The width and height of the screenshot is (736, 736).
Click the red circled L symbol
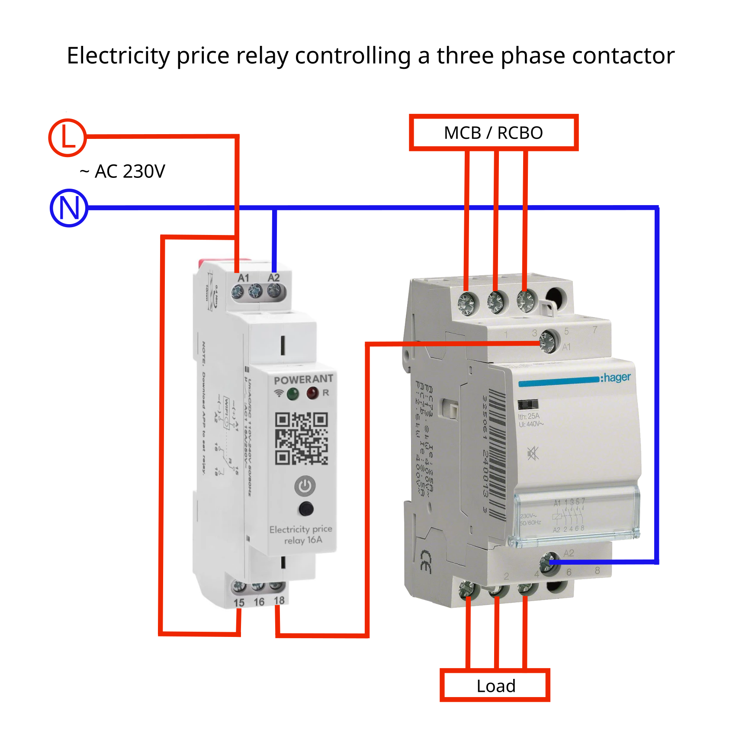coord(67,137)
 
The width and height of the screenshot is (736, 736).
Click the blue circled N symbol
coord(69,208)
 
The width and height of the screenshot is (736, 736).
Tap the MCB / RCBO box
coord(493,132)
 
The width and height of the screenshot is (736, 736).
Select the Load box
coord(495,686)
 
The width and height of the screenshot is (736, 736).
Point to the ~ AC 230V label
coord(122,171)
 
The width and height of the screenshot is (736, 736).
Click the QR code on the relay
coord(302,438)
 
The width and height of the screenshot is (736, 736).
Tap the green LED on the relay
coord(293,394)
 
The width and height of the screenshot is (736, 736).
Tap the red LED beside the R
coord(312,393)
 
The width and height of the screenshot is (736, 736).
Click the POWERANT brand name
coord(303,379)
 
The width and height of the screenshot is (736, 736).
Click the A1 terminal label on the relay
coord(244,278)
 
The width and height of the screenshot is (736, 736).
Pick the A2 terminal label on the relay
coord(273,277)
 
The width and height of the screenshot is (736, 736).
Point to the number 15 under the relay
coord(239,602)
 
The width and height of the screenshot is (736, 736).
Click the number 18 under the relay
coord(279,601)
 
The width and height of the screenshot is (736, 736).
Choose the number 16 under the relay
coord(259,602)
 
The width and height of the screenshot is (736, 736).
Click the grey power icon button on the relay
coord(305,486)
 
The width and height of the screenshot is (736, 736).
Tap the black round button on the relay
coord(306,509)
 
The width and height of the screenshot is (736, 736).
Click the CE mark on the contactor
coord(426,561)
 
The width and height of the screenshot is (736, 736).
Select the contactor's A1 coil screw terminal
coord(548,341)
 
